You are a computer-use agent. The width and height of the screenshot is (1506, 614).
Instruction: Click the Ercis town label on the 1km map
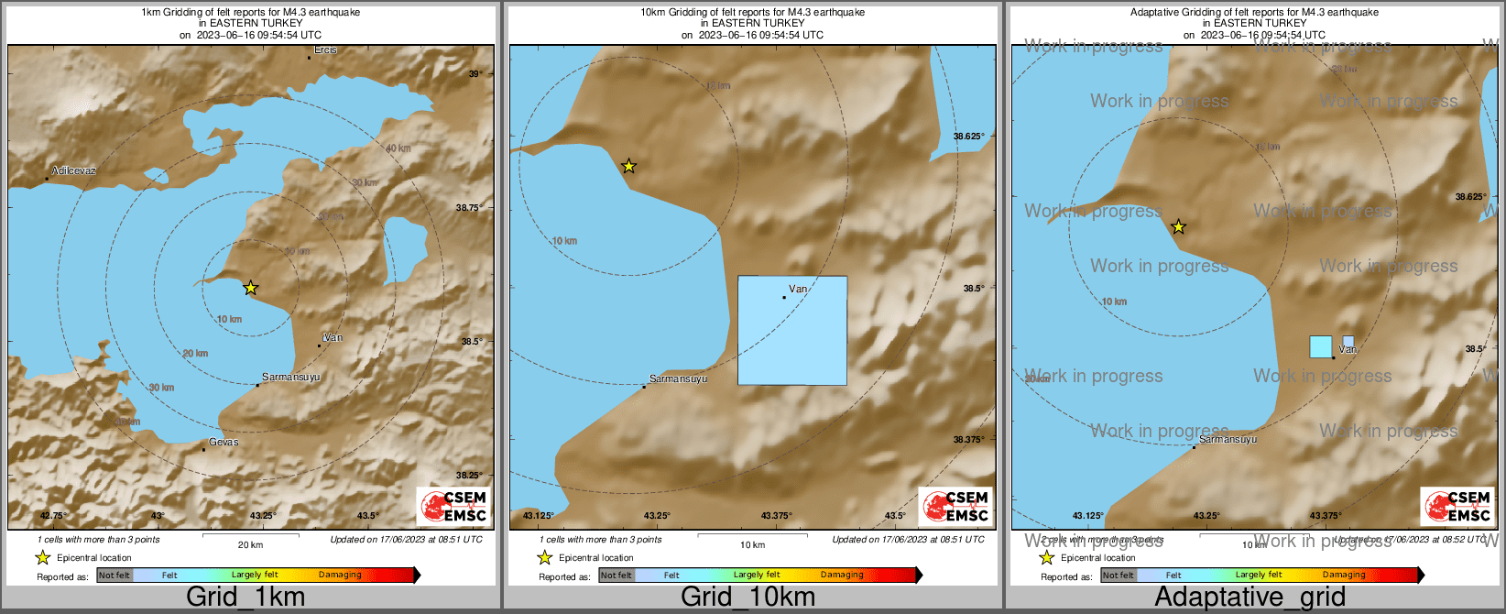[325, 49]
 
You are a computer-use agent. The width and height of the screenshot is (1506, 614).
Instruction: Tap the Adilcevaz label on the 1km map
[74, 170]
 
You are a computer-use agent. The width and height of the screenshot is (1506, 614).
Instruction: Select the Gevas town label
[224, 442]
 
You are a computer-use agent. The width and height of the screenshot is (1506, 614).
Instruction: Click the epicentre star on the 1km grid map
[250, 288]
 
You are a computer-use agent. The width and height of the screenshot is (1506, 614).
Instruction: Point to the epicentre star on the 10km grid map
[628, 166]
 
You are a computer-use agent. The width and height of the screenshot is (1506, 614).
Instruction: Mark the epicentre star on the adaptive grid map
[1179, 226]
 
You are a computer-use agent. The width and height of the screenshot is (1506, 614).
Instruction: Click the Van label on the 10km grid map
[798, 289]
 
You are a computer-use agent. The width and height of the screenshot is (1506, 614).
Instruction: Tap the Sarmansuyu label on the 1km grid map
[290, 377]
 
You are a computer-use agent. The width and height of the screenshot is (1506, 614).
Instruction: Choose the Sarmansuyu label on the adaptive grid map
[1228, 439]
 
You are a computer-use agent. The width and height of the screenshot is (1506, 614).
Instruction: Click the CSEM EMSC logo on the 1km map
[453, 506]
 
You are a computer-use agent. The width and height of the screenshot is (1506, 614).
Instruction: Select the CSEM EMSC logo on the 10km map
[955, 506]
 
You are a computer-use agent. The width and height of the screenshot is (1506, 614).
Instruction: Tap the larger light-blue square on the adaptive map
[1320, 346]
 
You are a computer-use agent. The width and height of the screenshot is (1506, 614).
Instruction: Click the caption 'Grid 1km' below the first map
[246, 598]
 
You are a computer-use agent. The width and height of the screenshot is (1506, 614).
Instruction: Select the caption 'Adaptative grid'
[1250, 598]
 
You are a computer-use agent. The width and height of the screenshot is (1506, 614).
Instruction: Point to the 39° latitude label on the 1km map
[475, 73]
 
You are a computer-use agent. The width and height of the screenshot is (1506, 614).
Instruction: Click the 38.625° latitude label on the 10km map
[968, 137]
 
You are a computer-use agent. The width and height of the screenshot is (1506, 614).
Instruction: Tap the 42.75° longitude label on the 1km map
[53, 516]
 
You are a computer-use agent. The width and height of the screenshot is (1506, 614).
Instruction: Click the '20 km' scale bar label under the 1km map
[250, 544]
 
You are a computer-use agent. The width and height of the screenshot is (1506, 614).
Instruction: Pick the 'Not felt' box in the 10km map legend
[617, 576]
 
